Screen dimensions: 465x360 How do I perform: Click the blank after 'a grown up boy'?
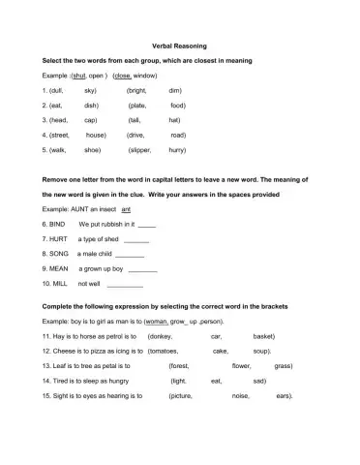click(142, 270)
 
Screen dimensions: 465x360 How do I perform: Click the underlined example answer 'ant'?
click(126, 208)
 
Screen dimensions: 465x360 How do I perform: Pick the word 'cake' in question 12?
click(221, 350)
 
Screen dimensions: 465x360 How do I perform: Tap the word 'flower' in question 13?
click(242, 365)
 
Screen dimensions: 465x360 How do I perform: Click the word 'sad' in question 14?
click(259, 381)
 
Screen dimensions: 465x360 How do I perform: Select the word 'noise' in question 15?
click(241, 396)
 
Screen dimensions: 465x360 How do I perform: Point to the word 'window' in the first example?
click(146, 74)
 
